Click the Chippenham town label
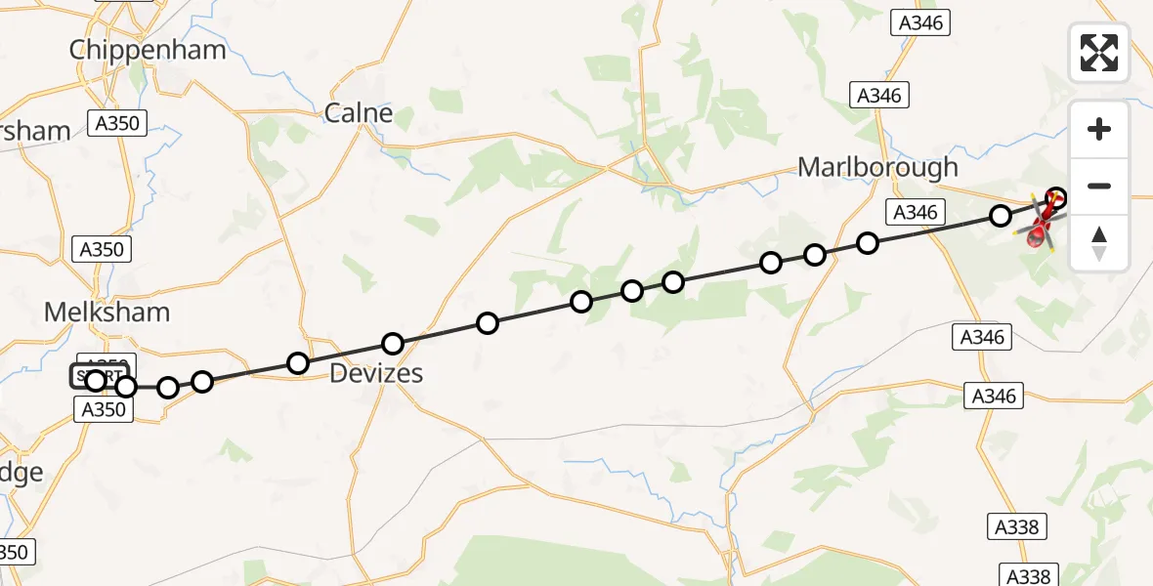[x=148, y=50]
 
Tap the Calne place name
[x=359, y=113]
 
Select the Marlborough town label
[x=877, y=167]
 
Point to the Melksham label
[x=107, y=313]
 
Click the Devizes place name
[x=376, y=373]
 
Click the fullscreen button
[x=1099, y=53]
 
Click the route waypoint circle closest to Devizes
[x=393, y=344]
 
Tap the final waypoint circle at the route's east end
[x=1055, y=198]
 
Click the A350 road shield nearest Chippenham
[x=116, y=123]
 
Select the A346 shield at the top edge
[x=919, y=23]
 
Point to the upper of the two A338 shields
[x=1017, y=526]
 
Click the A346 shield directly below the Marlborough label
[x=916, y=212]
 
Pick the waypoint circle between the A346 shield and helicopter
[x=1001, y=216]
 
